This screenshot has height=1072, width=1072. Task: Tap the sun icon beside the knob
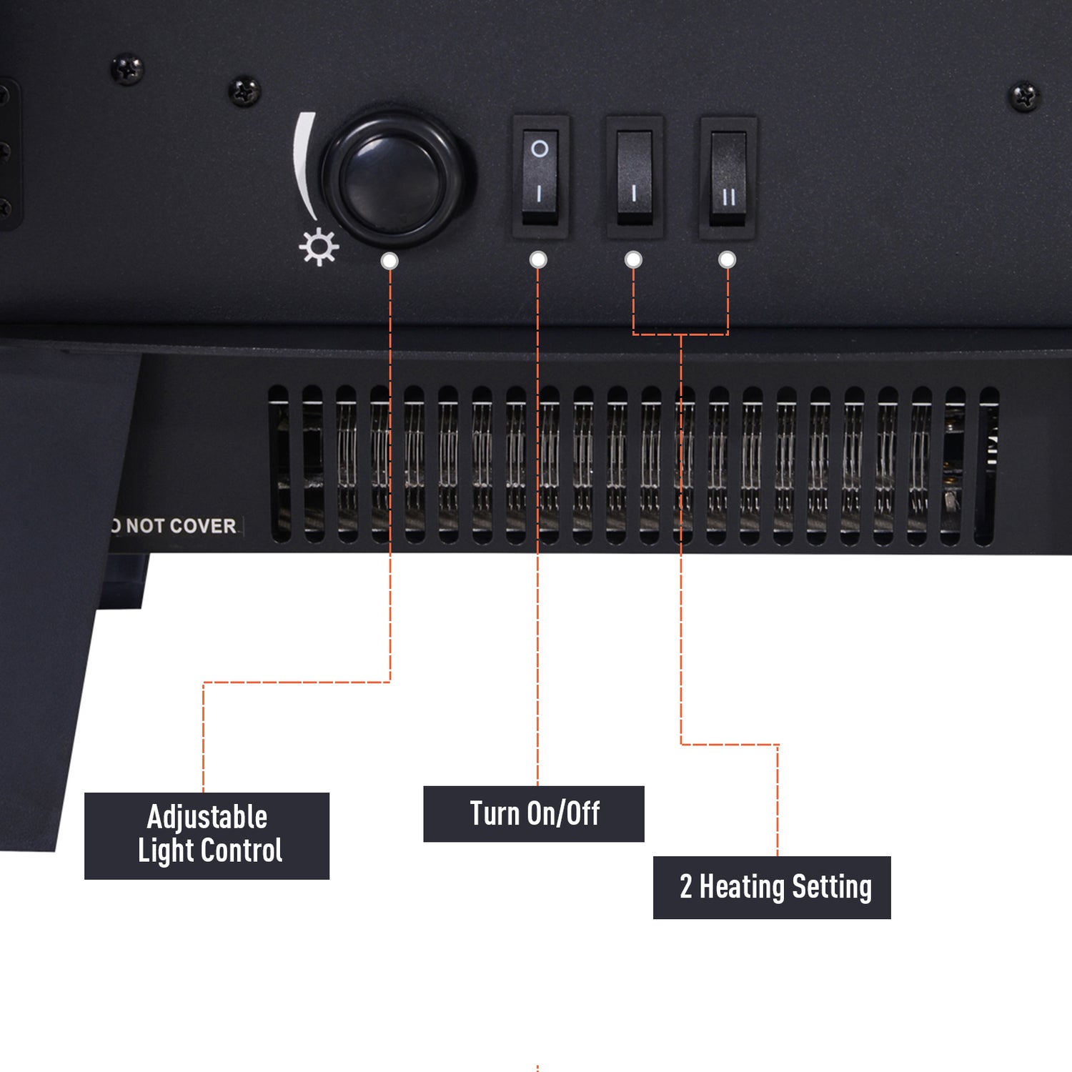[x=319, y=247]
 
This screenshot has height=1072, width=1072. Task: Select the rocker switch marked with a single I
[x=635, y=177]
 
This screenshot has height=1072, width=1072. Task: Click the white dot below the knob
[x=389, y=260]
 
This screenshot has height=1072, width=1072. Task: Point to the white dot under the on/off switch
[x=538, y=259]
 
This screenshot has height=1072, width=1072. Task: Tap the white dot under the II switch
[x=727, y=259]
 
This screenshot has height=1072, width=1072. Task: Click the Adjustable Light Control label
[x=207, y=835]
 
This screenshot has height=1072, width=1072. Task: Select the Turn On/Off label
[x=534, y=814]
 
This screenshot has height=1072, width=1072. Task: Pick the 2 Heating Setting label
[x=772, y=888]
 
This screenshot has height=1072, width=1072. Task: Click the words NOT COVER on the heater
[x=181, y=526]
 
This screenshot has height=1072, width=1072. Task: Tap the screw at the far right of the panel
[x=1024, y=96]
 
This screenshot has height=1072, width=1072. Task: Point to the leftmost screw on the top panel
[x=127, y=70]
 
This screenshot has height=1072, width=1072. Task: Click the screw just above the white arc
[x=244, y=91]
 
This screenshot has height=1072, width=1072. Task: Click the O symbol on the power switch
[x=540, y=149]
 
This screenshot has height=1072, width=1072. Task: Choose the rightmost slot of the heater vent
[x=989, y=467]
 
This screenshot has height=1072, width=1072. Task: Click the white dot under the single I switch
[x=633, y=259]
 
